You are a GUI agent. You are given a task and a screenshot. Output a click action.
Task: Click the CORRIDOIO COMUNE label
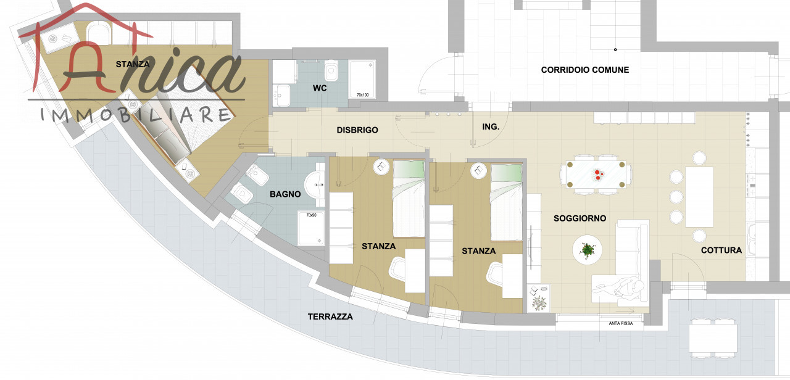[584, 70]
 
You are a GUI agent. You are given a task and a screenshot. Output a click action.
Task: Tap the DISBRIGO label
[357, 130]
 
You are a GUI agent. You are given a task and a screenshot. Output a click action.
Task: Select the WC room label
[320, 88]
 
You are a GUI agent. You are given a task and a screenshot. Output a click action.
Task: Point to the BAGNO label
[285, 194]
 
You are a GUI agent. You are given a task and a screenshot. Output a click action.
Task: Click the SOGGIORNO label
[580, 218]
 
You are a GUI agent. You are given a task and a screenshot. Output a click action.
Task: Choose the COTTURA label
[721, 250]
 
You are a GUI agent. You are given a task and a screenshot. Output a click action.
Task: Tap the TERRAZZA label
[330, 316]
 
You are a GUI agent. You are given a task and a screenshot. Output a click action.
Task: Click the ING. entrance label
[491, 126]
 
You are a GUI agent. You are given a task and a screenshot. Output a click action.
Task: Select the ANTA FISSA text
[621, 323]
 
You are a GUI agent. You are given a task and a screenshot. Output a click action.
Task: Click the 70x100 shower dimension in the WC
[362, 95]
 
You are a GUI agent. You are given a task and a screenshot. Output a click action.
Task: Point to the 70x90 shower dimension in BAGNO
[311, 215]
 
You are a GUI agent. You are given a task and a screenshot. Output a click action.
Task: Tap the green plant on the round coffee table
[587, 250]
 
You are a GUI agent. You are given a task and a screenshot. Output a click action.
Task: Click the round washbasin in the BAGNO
[315, 184]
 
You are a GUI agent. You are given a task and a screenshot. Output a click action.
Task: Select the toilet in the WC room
[331, 70]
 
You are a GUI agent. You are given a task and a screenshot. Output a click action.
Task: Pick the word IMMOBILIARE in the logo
[136, 115]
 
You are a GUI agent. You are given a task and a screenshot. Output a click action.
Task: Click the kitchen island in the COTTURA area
[699, 197]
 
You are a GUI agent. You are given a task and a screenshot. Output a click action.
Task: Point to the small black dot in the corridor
[615, 50]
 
